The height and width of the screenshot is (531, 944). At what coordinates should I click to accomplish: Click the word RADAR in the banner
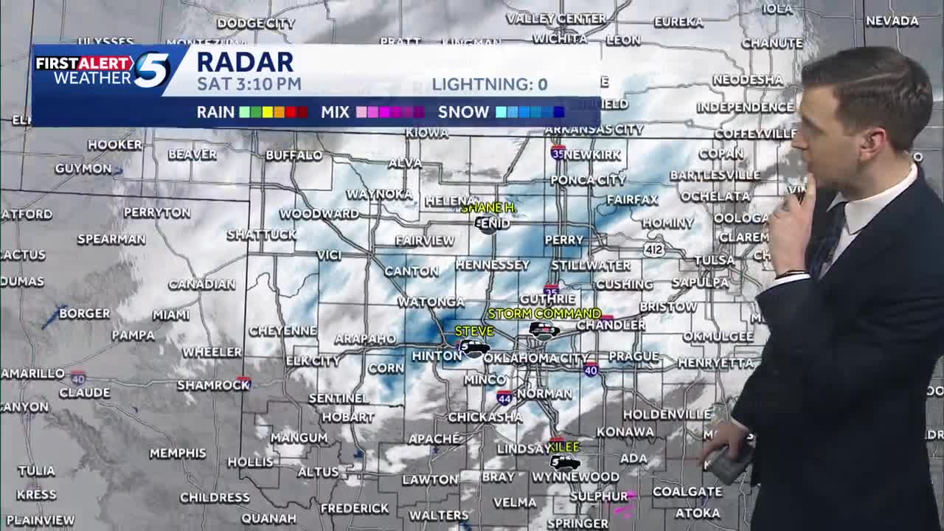245,62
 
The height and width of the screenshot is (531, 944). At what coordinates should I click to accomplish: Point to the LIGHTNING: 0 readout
489,85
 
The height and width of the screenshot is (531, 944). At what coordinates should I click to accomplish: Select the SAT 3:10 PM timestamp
249,84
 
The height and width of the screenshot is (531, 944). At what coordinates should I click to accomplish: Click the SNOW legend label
463,112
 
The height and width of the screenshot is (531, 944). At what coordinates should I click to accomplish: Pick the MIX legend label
335,112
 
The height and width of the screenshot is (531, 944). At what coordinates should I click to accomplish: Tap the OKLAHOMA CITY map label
536,358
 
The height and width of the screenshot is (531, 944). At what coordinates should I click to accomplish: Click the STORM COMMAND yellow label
544,314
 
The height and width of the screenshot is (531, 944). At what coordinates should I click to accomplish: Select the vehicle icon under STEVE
473,347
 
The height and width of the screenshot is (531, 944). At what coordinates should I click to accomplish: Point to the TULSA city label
714,260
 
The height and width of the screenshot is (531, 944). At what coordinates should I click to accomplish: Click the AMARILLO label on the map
32,374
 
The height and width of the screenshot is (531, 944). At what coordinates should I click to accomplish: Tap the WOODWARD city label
319,214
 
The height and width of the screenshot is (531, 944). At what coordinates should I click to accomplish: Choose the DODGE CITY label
255,24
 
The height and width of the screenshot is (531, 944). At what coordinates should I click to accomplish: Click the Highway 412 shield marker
653,250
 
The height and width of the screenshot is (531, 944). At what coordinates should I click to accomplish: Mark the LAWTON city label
430,480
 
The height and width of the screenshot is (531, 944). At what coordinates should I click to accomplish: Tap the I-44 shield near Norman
504,397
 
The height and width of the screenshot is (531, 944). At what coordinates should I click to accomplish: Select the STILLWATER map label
591,265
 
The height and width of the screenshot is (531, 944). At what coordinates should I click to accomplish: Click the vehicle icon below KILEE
564,462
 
